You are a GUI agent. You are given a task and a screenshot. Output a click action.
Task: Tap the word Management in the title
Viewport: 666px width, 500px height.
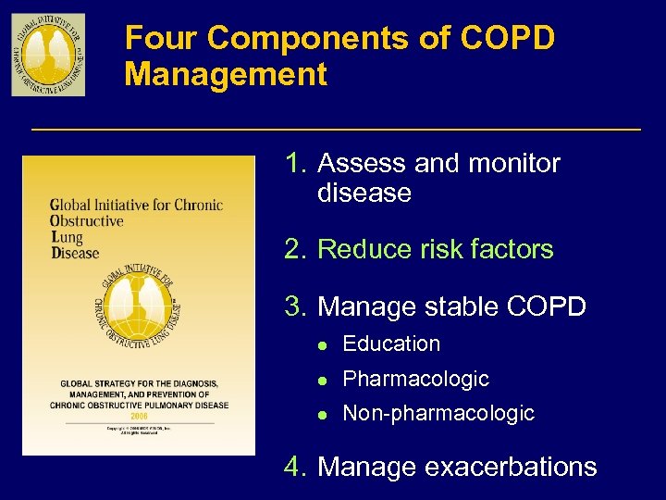[x=226, y=74]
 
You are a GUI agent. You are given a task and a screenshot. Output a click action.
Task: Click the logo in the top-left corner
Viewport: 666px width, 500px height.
[x=48, y=55]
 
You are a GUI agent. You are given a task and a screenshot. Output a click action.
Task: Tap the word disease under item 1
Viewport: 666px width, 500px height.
[x=364, y=194]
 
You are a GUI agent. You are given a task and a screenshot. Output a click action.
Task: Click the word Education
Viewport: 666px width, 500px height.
[x=391, y=344]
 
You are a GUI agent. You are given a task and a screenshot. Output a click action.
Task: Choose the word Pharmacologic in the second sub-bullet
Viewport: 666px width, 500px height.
[x=415, y=379]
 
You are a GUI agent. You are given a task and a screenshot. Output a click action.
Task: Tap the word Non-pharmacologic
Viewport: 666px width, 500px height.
[x=438, y=414]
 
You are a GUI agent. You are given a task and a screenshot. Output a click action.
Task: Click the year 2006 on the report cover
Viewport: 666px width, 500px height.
[x=139, y=417]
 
